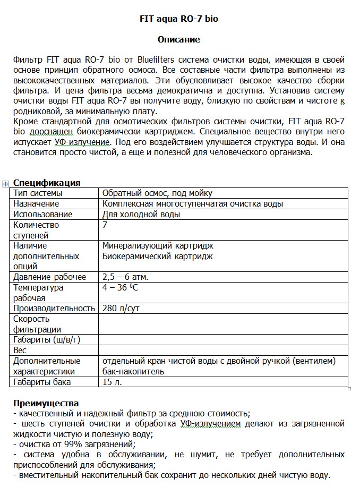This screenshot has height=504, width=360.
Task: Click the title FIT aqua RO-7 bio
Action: pos(179,19)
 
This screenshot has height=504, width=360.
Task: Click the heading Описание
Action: pos(179,39)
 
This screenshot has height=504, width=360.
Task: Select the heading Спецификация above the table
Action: pos(47,183)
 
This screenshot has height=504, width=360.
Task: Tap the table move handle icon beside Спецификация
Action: pos(6,183)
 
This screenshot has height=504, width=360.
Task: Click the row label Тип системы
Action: pos(38,193)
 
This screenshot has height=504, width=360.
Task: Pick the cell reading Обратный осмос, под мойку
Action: pos(157,193)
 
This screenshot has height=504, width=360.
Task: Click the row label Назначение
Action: pos(36,204)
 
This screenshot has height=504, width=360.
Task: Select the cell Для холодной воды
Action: pos(141,215)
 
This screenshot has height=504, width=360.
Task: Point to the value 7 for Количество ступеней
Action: pos(105,225)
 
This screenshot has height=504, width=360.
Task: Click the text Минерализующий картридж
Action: pos(158,246)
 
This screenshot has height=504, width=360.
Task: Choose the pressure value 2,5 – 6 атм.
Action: pos(125,277)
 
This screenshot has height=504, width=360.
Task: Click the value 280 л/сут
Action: pos(121,309)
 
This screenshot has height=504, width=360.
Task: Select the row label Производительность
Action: pos(54,309)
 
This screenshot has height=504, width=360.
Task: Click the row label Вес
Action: pos(20,351)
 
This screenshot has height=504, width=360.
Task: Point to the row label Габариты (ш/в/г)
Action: pos(47,340)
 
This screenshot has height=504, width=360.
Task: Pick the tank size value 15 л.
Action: pos(113,382)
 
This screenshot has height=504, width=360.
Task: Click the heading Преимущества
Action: pos(46,403)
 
